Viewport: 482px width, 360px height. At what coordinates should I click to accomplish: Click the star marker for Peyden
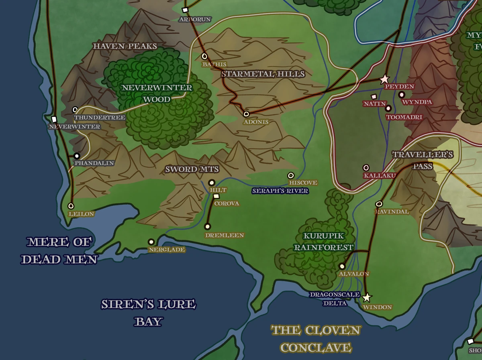pos(385,79)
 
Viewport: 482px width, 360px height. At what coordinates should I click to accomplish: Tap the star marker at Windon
pos(367,298)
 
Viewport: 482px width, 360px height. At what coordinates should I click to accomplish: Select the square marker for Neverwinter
pos(54,119)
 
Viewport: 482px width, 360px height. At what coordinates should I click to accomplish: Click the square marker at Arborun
pos(185,10)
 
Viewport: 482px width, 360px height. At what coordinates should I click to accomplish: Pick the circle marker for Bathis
pos(204,56)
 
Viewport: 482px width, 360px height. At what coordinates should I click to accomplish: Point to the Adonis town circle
pos(246,114)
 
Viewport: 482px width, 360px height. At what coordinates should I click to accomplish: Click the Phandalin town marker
pos(77,156)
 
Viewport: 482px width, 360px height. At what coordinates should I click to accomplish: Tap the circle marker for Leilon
pos(71,206)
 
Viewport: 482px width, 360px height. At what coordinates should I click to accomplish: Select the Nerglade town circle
pos(151,242)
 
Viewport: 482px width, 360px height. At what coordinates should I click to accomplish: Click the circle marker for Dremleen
pos(208,226)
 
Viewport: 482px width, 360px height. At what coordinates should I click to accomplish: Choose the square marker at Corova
pos(216,196)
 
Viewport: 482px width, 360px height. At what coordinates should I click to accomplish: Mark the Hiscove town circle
pos(291,175)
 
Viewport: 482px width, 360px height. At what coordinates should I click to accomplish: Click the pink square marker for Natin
pos(374,97)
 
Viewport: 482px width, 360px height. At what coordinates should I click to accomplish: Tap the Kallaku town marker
pos(366,168)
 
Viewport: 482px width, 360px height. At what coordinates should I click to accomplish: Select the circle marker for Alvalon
pos(342,266)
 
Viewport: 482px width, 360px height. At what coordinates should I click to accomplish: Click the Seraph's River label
pos(280,191)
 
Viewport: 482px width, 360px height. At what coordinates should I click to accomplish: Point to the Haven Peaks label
pos(125,46)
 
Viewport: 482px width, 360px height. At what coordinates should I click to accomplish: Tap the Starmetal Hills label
pos(263,74)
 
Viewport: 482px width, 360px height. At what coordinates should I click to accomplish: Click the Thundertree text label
pos(100,118)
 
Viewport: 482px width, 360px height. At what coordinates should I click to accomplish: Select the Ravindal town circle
pos(379,204)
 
